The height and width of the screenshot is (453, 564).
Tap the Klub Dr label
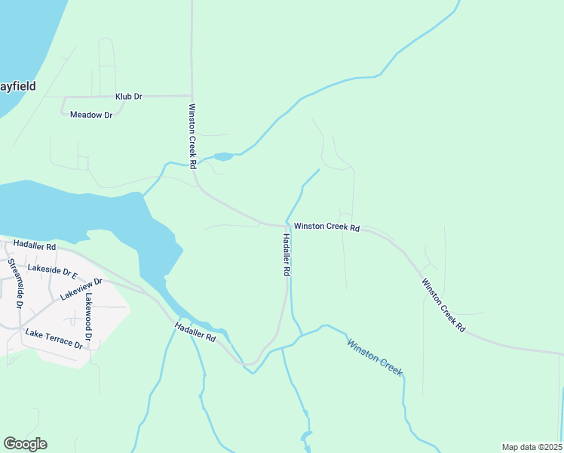click(x=128, y=97)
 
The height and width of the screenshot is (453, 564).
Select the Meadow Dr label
click(x=90, y=115)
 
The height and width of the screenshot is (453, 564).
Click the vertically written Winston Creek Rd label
click(x=193, y=135)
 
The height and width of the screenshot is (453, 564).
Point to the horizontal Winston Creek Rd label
click(x=326, y=226)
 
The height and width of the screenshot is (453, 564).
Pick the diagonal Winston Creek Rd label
click(x=443, y=306)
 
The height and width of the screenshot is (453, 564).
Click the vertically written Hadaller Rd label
click(x=287, y=254)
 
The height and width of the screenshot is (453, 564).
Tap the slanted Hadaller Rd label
click(x=195, y=332)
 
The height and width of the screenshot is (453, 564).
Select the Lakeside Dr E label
click(x=53, y=270)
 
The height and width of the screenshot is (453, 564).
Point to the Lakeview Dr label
click(x=81, y=288)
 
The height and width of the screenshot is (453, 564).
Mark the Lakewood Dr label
click(x=89, y=316)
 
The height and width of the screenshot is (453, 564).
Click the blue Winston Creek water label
click(x=375, y=357)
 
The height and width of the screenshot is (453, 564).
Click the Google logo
click(x=25, y=444)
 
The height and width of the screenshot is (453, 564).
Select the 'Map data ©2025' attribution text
click(x=532, y=447)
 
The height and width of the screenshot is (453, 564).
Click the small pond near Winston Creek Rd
click(x=224, y=157)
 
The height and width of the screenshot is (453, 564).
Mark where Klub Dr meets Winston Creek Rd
click(x=192, y=96)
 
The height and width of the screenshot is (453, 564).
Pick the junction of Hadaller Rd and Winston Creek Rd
click(x=288, y=225)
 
